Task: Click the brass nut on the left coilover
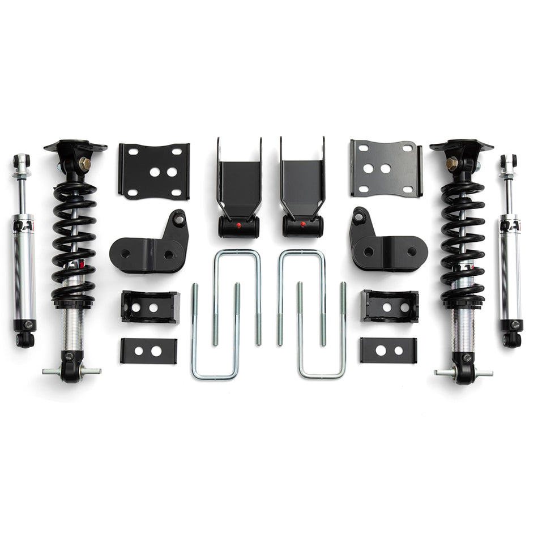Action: pyautogui.click(x=85, y=164)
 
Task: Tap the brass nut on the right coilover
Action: pyautogui.click(x=452, y=164)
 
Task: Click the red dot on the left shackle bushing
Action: pyautogui.click(x=238, y=225)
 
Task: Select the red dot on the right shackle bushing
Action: pyautogui.click(x=304, y=225)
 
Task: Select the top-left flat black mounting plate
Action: pyautogui.click(x=153, y=170)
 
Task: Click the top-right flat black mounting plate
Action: pyautogui.click(x=386, y=168)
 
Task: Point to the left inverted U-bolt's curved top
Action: pyautogui.click(x=237, y=253)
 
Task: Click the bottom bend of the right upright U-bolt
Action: pyautogui.click(x=321, y=375)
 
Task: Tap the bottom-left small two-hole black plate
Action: pyautogui.click(x=148, y=351)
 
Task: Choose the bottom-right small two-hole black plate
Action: pyautogui.click(x=388, y=350)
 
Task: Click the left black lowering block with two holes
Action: pyautogui.click(x=150, y=307)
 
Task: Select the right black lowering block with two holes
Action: pyautogui.click(x=391, y=306)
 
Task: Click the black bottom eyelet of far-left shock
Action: pyautogui.click(x=25, y=339)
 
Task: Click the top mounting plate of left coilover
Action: pyautogui.click(x=75, y=146)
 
